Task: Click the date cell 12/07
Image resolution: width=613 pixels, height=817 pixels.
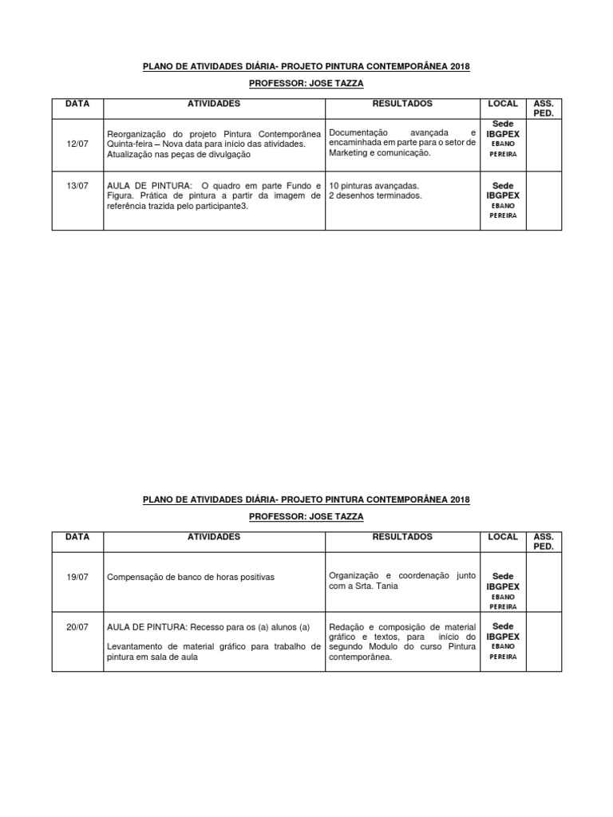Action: tap(77, 143)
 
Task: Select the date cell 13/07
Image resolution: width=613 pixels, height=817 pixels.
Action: tap(77, 185)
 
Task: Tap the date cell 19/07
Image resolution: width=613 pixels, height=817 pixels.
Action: tap(77, 575)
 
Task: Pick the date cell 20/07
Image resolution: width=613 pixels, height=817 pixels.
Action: tap(77, 627)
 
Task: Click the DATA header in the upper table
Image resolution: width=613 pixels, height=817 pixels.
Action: tap(77, 104)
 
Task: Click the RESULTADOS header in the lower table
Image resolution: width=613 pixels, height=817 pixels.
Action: tap(402, 537)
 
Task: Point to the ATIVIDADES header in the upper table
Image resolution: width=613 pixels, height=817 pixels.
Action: tap(213, 104)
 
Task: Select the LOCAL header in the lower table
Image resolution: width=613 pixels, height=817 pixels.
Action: tap(503, 537)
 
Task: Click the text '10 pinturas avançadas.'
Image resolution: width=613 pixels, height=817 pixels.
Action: tap(374, 185)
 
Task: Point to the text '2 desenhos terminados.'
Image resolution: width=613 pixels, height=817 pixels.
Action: tap(375, 195)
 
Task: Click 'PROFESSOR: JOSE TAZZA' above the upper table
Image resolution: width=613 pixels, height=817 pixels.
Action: tap(306, 83)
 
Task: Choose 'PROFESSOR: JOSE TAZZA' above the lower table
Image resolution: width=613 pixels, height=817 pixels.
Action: tap(306, 516)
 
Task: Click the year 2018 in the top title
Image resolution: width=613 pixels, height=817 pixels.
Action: tap(460, 66)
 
